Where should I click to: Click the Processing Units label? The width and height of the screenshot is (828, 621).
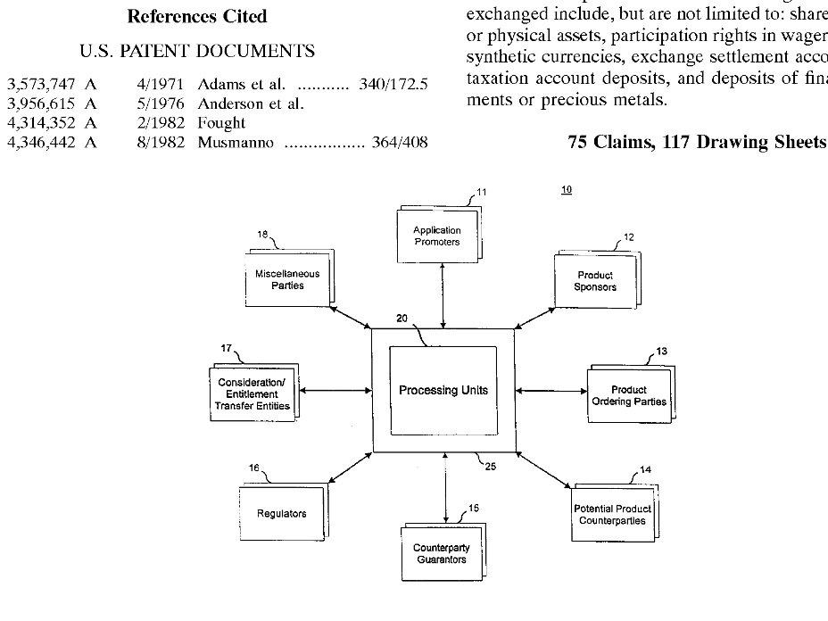tap(443, 390)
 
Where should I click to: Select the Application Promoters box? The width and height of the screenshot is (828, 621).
tap(439, 234)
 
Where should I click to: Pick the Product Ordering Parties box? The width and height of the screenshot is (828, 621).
tap(631, 394)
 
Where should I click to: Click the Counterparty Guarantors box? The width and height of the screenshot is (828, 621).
tap(443, 551)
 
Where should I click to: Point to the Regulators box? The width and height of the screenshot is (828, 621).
tap(283, 512)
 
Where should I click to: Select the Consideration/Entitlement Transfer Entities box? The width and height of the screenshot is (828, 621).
tap(254, 393)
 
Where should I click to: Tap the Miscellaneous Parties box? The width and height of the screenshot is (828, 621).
tap(289, 277)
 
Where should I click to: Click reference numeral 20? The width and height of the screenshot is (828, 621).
tap(402, 319)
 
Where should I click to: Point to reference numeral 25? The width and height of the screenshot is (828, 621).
tap(491, 467)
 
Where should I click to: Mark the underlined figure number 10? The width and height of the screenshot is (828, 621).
tap(567, 189)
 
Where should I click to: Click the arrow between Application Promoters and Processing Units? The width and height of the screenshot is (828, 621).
tap(443, 295)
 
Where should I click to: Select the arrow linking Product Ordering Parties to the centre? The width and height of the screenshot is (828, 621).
tap(551, 391)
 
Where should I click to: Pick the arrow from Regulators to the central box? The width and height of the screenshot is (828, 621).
tap(350, 468)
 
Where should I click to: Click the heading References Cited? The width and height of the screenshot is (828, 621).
tap(197, 16)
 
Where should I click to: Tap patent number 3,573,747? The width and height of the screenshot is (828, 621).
tap(41, 85)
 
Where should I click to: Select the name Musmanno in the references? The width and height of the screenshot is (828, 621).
tap(236, 143)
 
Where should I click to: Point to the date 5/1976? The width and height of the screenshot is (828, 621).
tap(161, 104)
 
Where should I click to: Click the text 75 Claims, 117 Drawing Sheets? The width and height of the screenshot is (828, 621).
tap(697, 142)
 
